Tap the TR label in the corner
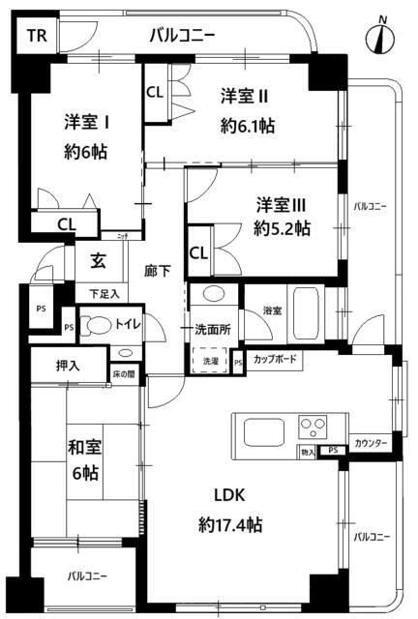[x=35, y=38]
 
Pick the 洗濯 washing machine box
[x=210, y=361]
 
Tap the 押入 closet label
[x=54, y=367]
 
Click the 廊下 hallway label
[x=157, y=271]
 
